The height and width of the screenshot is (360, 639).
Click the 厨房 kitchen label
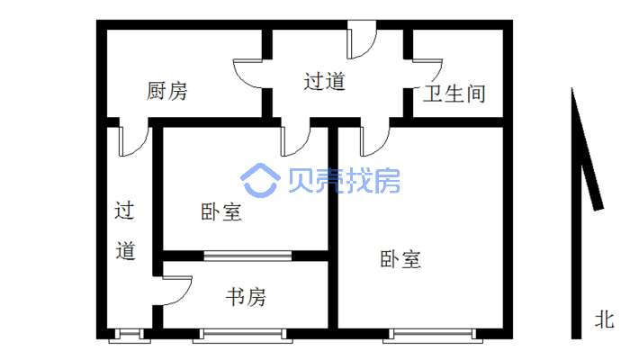(x=167, y=91)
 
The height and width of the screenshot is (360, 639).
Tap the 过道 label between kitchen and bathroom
(x=324, y=82)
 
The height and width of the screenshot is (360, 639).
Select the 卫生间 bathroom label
(x=455, y=93)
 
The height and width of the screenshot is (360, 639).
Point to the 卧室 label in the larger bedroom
(x=400, y=260)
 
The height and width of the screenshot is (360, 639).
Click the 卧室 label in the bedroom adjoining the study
(x=220, y=212)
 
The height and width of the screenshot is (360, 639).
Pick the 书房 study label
(x=245, y=296)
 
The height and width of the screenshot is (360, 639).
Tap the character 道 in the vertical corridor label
(x=126, y=251)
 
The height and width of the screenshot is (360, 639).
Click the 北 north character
(x=604, y=319)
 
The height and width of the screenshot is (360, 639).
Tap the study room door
(x=177, y=292)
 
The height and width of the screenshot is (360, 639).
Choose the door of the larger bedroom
(x=374, y=139)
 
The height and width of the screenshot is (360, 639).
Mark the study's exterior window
(x=242, y=336)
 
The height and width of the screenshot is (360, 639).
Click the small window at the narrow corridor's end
(x=127, y=336)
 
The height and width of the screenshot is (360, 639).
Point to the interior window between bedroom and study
(x=247, y=256)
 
